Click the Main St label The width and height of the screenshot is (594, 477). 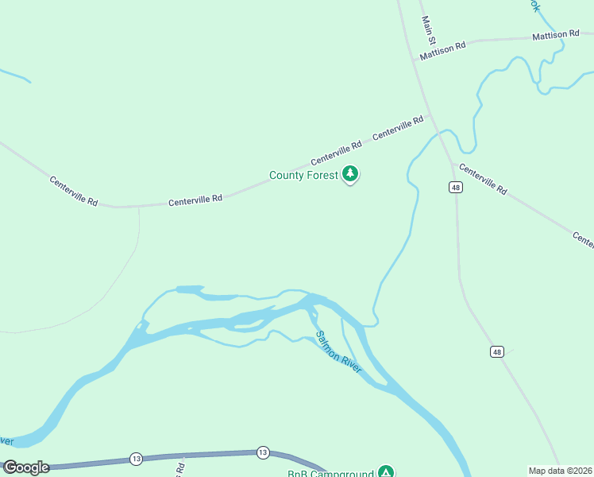point(430,30)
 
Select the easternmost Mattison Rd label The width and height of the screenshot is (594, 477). point(556,35)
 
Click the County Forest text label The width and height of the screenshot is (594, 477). point(303,175)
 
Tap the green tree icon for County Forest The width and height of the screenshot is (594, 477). point(350,174)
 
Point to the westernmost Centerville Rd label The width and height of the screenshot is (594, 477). point(73,191)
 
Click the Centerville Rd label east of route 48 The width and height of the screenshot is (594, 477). point(482,180)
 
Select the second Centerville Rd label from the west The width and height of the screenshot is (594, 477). point(195,200)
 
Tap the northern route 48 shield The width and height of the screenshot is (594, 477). point(454,187)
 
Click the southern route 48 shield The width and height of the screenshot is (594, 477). point(497,351)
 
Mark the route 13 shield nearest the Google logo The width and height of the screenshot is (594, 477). point(137,459)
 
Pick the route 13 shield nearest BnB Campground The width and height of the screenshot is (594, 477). point(263,452)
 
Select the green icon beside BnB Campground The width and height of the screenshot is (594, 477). point(385,472)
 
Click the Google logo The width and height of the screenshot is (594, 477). point(26,467)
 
